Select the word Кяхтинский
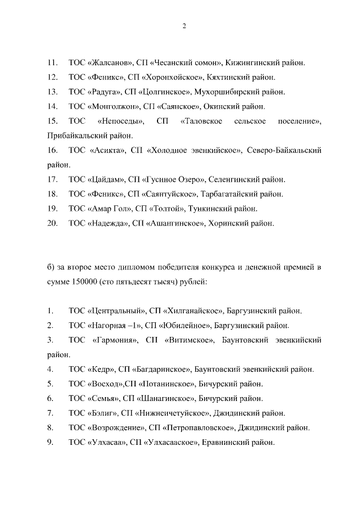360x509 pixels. coord(226,76)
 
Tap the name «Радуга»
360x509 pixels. coord(105,91)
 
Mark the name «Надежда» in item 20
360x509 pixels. coord(106,224)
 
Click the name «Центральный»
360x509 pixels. coord(117,310)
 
